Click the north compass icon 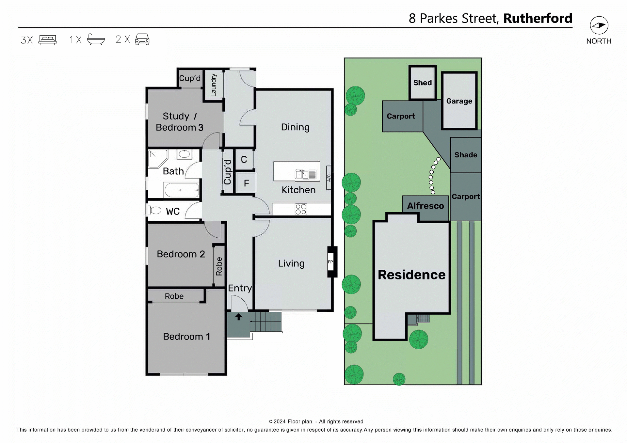coord(599,25)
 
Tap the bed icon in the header coord(48,40)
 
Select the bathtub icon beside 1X coord(96,40)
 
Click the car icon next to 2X coord(142,39)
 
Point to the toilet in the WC coord(155,211)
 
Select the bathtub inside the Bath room coord(181,190)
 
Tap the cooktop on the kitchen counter coord(301,209)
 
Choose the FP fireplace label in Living coord(330,262)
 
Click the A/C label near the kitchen coord(329,178)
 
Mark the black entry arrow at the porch coord(238,316)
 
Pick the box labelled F coord(246,183)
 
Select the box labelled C coord(244,159)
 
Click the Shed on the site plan coord(422,83)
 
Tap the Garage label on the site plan coord(459,101)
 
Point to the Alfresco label coord(425,206)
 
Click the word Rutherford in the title coord(538,18)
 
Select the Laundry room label coord(213,85)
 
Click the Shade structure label coord(466,155)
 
